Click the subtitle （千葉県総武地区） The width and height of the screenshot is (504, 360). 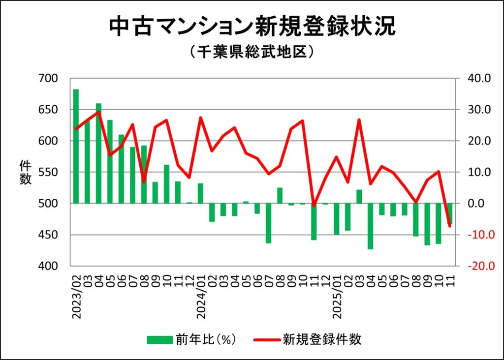tap(252, 52)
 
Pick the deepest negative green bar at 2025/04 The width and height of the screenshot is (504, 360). tap(370, 226)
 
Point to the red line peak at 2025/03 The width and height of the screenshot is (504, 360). tap(359, 120)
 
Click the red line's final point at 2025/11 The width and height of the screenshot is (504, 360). tap(449, 226)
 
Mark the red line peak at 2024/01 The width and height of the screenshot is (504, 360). tap(201, 118)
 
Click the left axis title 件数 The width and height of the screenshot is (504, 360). tap(25, 172)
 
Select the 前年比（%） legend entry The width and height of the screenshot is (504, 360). tap(192, 339)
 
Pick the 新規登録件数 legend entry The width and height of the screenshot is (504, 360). tap(307, 339)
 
